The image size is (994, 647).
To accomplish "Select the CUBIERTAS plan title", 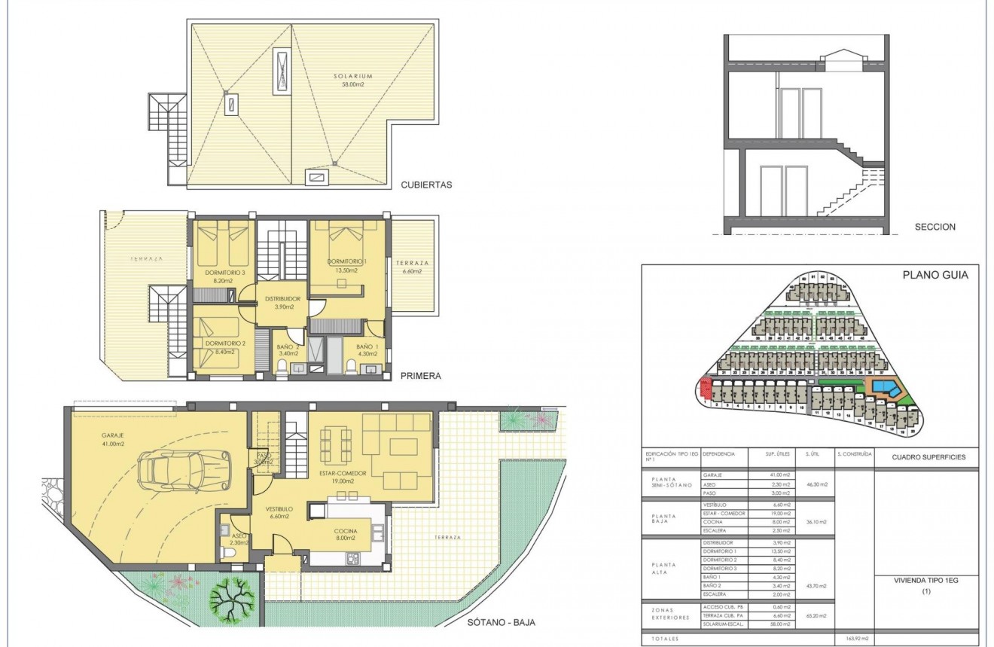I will [x=426, y=184].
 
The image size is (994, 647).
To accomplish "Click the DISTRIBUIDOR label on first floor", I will [x=282, y=301].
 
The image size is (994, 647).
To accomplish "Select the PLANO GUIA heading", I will [x=935, y=275].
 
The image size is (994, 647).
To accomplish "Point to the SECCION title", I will [x=935, y=227].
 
